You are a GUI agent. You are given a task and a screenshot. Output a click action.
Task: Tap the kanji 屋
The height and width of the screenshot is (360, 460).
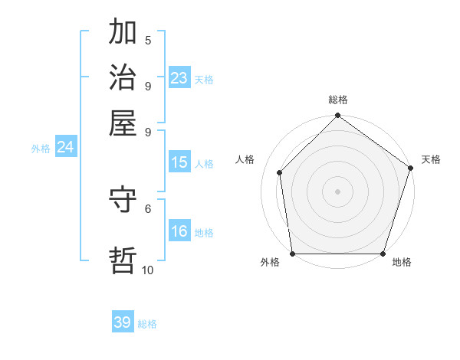click(x=123, y=122)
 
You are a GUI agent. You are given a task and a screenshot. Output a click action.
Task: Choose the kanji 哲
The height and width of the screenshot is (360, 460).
click(x=123, y=259)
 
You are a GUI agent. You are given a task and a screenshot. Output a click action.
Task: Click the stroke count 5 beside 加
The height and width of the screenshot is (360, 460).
click(x=148, y=40)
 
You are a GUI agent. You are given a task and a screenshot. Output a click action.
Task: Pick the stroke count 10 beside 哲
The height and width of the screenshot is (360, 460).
click(x=148, y=270)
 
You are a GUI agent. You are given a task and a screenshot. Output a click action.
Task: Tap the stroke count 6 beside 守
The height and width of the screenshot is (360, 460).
click(x=148, y=208)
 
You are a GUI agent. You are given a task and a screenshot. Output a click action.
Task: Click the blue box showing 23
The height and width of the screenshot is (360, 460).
click(x=179, y=77)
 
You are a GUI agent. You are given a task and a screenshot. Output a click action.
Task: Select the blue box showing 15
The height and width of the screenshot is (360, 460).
click(x=179, y=162)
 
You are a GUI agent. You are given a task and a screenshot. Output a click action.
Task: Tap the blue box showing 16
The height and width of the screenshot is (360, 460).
click(x=179, y=231)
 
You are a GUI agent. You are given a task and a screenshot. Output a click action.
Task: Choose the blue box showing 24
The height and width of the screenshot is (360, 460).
click(x=65, y=147)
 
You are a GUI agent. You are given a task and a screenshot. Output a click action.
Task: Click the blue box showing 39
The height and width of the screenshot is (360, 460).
click(x=123, y=322)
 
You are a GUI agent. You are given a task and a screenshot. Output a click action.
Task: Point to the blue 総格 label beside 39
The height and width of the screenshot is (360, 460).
click(x=147, y=324)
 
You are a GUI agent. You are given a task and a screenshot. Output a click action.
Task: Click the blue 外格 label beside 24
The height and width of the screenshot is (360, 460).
click(x=41, y=149)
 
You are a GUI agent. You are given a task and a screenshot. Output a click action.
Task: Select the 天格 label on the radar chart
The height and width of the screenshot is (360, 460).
click(x=431, y=159)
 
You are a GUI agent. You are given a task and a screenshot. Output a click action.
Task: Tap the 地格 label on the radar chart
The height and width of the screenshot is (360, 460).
click(x=402, y=263)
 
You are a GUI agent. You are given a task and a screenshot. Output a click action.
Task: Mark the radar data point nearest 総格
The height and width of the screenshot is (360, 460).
click(x=337, y=116)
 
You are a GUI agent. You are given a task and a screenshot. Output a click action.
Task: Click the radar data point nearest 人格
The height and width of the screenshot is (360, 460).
click(x=280, y=172)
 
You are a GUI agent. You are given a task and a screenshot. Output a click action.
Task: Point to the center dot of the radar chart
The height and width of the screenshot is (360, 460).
click(x=337, y=191)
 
